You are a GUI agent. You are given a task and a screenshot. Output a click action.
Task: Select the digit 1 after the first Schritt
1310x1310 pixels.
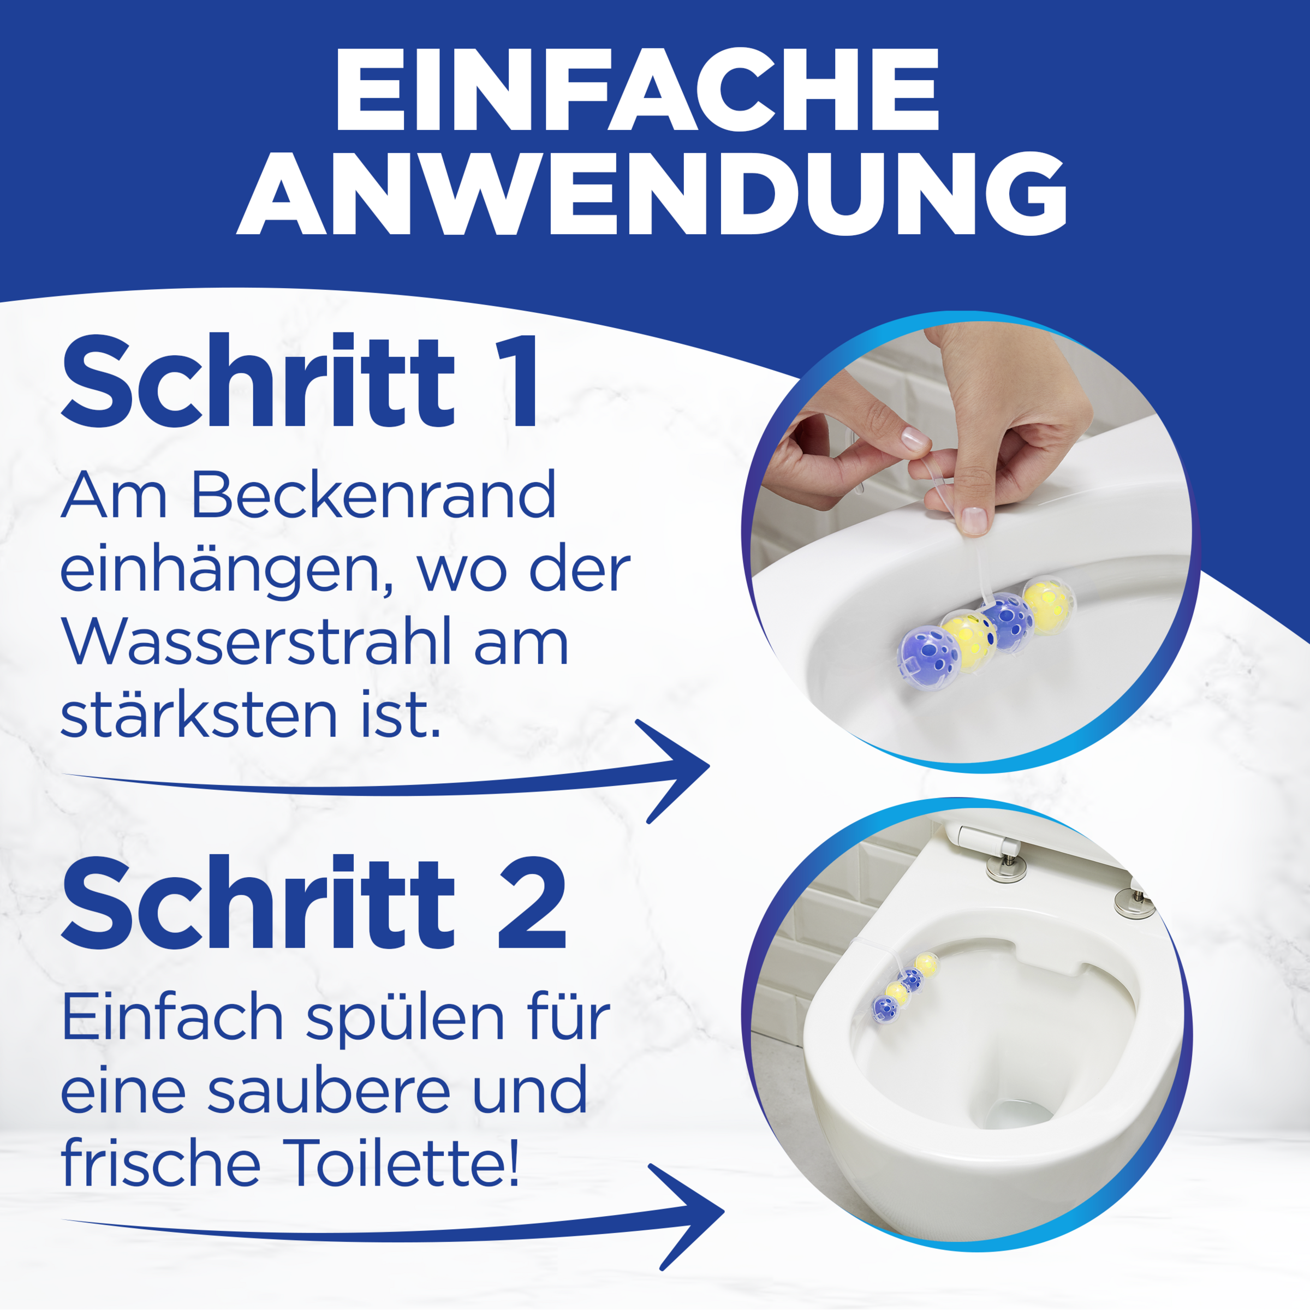(x=517, y=382)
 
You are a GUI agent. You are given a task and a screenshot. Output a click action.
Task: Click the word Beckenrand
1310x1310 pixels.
(x=373, y=495)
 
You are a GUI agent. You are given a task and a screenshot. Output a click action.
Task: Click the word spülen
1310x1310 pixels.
(x=406, y=1020)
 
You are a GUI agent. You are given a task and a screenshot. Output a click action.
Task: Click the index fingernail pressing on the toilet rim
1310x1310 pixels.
(x=975, y=519)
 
